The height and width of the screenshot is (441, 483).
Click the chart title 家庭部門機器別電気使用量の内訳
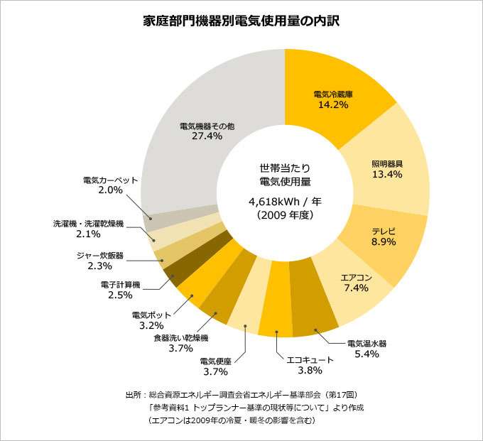241,21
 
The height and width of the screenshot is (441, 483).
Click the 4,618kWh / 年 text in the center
285,201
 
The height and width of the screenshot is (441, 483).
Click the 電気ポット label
147,315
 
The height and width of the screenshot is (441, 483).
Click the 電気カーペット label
110,180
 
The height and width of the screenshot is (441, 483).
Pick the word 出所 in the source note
132,394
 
